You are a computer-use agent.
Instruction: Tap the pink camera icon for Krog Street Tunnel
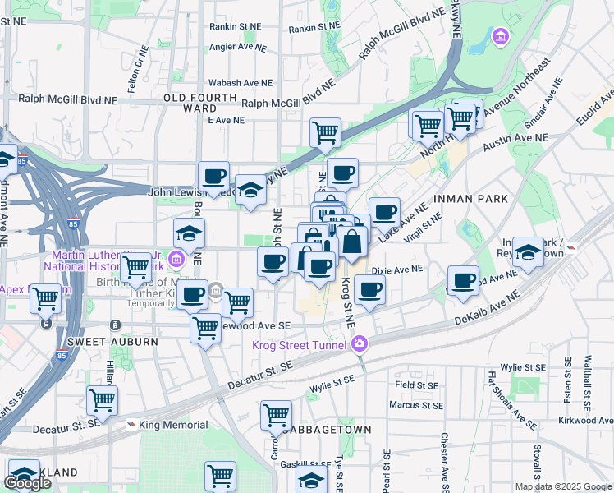(359, 344)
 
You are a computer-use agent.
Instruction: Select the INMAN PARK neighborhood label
(475, 200)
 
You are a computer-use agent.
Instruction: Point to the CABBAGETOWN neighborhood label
(325, 430)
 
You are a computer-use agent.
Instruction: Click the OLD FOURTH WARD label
(190, 103)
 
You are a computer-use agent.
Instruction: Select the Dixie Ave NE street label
(396, 269)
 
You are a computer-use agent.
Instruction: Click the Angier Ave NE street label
(238, 48)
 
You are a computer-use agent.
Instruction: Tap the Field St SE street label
(416, 385)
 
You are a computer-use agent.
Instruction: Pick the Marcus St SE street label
(416, 405)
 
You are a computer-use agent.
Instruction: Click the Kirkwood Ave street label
(586, 420)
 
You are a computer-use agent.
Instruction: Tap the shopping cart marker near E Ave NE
(326, 131)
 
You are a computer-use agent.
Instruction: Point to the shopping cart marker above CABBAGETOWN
(277, 414)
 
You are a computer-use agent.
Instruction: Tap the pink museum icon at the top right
(500, 37)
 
